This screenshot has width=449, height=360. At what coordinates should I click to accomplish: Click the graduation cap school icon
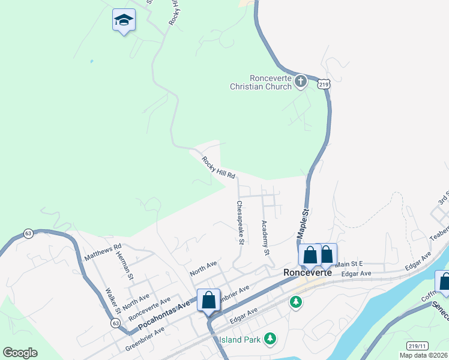(x=124, y=21)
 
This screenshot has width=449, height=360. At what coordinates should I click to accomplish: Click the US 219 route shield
(x=324, y=85)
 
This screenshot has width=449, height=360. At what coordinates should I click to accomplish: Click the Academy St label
(x=264, y=238)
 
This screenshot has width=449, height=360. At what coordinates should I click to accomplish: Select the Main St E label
(x=349, y=264)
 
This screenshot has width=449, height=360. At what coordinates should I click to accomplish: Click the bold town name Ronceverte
(x=307, y=272)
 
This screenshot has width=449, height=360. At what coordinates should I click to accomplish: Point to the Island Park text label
(x=240, y=340)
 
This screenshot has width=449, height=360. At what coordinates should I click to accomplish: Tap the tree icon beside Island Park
(x=271, y=339)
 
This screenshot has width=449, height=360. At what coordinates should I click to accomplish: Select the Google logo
(x=20, y=353)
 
